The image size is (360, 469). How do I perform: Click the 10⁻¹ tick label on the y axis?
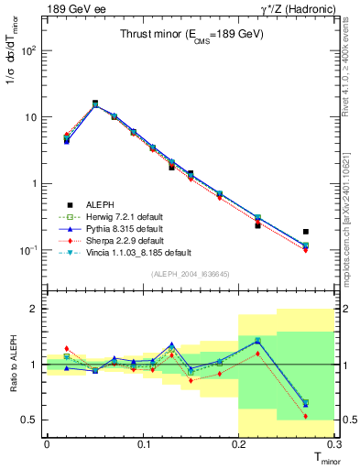click(x=28, y=250)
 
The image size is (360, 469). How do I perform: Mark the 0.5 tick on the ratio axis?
click(x=30, y=420)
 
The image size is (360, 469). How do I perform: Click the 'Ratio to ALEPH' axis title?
click(x=12, y=365)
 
